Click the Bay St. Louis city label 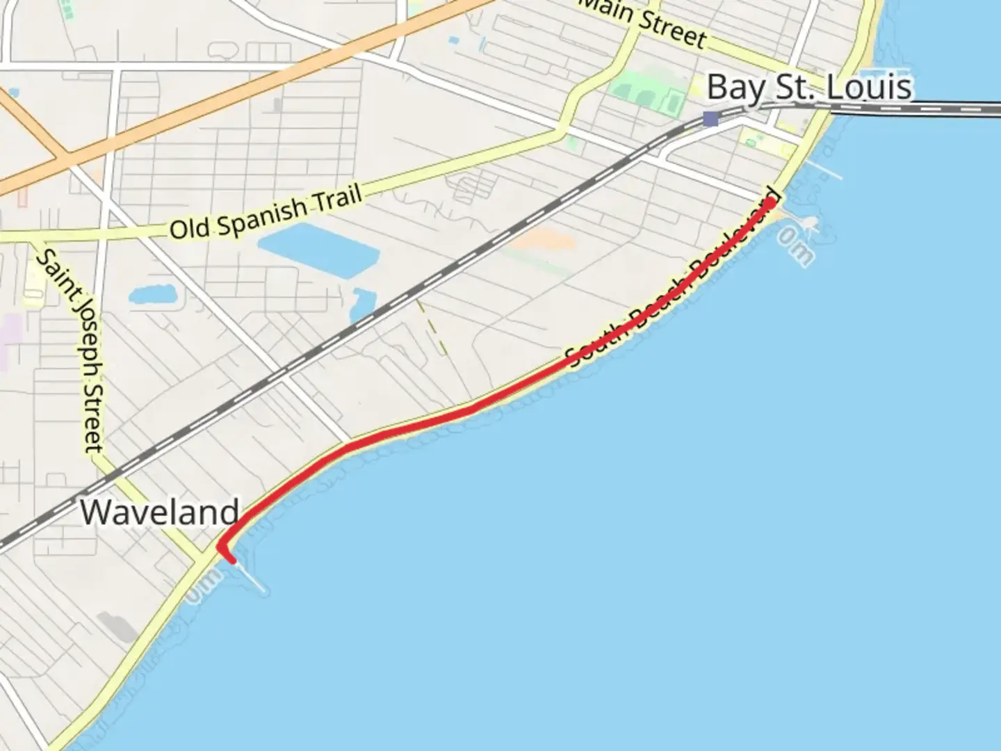point(808,88)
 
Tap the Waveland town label point(159,512)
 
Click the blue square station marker point(710,119)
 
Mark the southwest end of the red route point(231,560)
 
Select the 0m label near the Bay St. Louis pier point(795,248)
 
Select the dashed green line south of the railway point(432,327)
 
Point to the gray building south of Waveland point(117,627)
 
